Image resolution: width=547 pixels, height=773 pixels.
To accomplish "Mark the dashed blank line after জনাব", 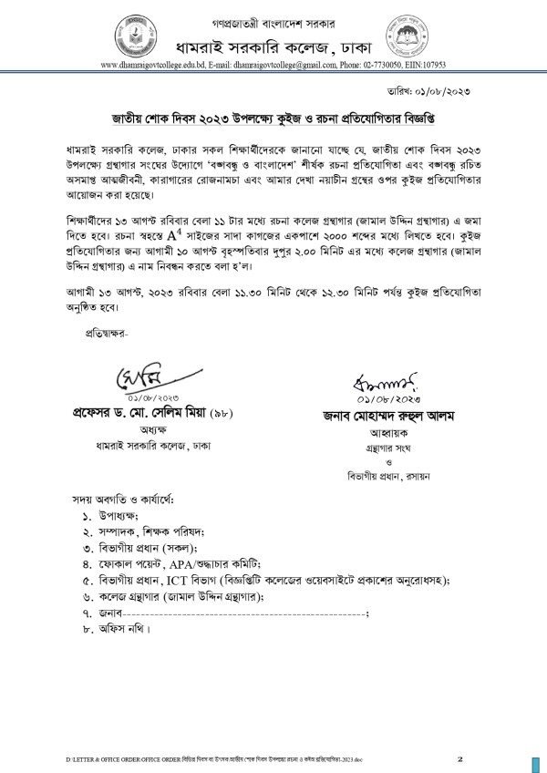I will click(x=237, y=614).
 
